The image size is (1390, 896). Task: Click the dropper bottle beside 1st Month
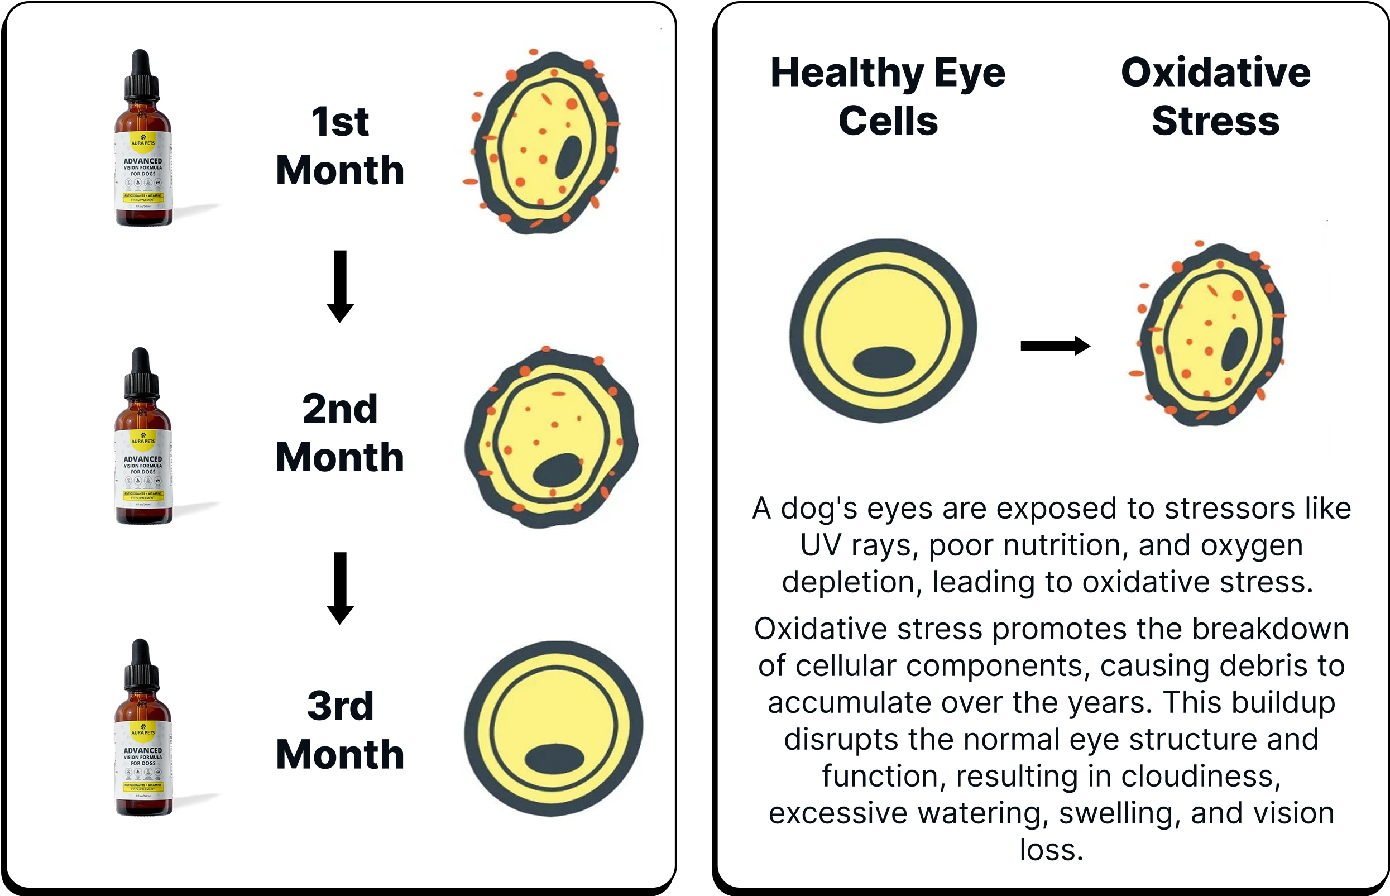142,157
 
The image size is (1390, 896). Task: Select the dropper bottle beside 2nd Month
142,454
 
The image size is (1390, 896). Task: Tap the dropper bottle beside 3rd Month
142,745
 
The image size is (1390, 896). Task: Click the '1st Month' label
340,146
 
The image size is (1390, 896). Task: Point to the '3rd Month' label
340,730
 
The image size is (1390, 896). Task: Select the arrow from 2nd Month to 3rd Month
341,588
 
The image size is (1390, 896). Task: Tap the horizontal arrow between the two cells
1055,346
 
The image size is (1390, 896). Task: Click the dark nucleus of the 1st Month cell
568,157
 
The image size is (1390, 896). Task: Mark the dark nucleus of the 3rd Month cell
554,759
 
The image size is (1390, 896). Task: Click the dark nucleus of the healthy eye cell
883,362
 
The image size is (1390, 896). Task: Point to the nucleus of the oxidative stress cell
1234,349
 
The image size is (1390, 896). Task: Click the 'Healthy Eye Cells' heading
888,97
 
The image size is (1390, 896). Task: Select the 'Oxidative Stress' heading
1215,97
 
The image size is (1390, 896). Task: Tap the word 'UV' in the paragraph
821,546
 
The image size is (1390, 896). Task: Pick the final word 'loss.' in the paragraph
1051,850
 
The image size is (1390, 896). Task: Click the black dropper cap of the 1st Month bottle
141,75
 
